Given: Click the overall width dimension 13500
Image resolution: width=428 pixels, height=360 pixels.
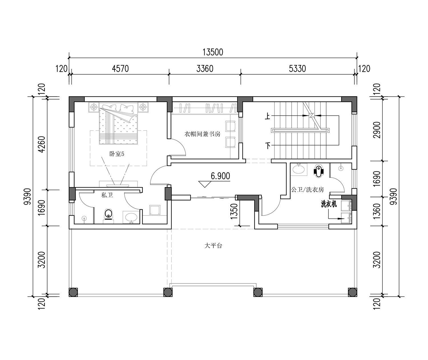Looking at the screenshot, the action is pos(213,52).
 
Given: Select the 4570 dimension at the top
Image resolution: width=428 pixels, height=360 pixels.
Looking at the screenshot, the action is pos(120,69).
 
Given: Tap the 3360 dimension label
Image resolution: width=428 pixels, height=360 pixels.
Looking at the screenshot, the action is pos(205,69).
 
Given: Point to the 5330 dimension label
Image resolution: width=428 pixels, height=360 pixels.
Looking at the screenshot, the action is pos(297,69).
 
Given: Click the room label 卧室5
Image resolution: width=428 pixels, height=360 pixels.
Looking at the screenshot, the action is pos(117,154).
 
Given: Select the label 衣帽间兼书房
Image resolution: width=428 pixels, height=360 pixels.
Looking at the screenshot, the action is pos(202,134).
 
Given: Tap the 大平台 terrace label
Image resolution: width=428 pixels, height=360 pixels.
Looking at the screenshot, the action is pos(213,245).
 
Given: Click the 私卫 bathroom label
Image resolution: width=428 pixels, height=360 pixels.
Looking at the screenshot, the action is pos(107,195).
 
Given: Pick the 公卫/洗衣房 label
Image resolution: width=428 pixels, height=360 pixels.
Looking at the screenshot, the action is pos(308,190).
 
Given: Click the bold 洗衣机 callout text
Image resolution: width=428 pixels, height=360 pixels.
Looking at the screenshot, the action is pos(329,204).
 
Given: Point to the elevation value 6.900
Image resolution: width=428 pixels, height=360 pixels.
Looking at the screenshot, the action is pos(220,176).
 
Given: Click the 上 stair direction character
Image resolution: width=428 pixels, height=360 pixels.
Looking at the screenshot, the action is pos(268,116).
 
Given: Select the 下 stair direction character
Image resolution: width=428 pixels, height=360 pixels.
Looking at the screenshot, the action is pos(268,146).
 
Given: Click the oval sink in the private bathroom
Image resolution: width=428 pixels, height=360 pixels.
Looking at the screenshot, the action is pos(131,217).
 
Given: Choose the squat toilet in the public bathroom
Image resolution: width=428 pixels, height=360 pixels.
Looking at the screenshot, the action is pos(318,171).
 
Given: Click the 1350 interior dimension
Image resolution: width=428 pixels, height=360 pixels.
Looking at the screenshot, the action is pos(234,211).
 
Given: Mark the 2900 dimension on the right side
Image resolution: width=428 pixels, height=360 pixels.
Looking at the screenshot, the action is pos(377,130).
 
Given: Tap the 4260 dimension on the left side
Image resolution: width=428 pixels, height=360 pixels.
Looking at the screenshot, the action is pos(42,144).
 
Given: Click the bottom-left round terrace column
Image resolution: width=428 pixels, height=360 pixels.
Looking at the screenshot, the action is pos(73,292).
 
